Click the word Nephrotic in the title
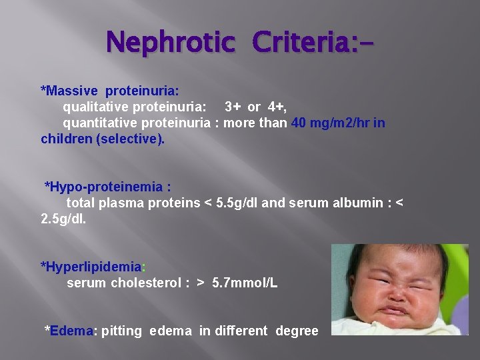point(171,43)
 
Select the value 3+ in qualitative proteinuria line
point(233,106)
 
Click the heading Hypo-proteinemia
point(107,187)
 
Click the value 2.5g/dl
point(63,219)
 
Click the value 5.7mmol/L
point(245,283)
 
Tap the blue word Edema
point(73,331)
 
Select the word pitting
point(121,331)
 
